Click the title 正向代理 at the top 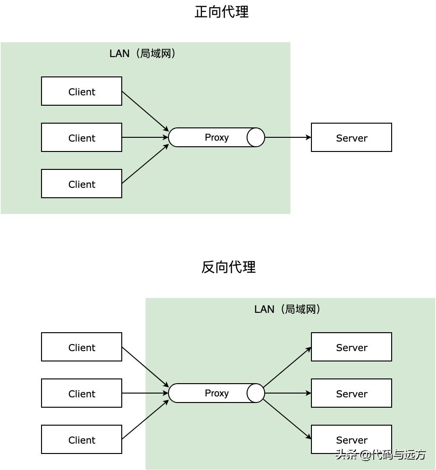pyautogui.click(x=221, y=12)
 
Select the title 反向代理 pyautogui.click(x=228, y=267)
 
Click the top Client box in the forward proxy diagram pyautogui.click(x=82, y=91)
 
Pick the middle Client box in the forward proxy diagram pyautogui.click(x=82, y=137)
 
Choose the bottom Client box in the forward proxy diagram pyautogui.click(x=82, y=184)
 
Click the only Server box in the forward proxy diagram pyautogui.click(x=352, y=137)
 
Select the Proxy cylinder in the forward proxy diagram pyautogui.click(x=217, y=137)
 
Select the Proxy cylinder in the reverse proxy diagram pyautogui.click(x=217, y=393)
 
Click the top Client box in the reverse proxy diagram pyautogui.click(x=82, y=347)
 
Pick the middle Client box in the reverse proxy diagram pyautogui.click(x=82, y=393)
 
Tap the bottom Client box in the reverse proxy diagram pyautogui.click(x=82, y=439)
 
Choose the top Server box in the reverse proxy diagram pyautogui.click(x=352, y=347)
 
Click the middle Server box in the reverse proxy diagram pyautogui.click(x=352, y=393)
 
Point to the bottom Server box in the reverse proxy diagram pyautogui.click(x=352, y=439)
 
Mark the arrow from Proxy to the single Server pyautogui.click(x=288, y=137)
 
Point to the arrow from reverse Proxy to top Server pyautogui.click(x=287, y=367)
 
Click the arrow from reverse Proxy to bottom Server pyautogui.click(x=287, y=419)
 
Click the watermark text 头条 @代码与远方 pyautogui.click(x=380, y=454)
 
